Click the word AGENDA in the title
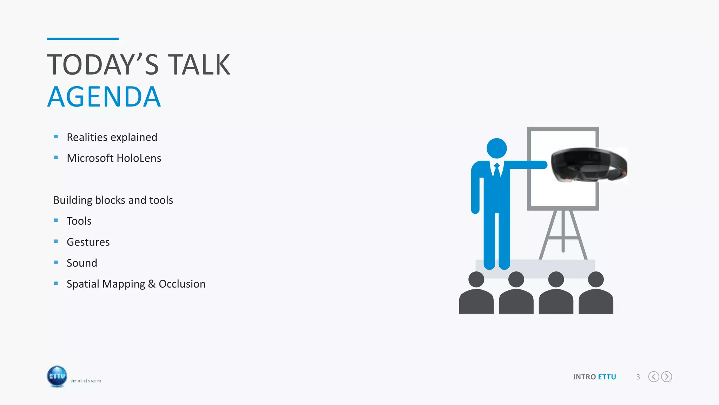tap(104, 97)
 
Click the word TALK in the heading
tap(199, 65)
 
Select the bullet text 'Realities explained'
tap(112, 137)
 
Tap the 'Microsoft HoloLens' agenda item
tap(114, 158)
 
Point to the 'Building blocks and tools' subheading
tap(113, 200)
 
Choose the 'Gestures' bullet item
tap(88, 242)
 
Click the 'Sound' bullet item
tap(82, 263)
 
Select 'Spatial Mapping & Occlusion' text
tap(136, 284)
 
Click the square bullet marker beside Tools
tap(56, 220)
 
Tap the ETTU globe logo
tap(57, 376)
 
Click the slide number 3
tap(638, 377)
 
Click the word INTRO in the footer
tap(585, 377)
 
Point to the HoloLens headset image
tap(589, 165)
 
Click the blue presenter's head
tap(496, 148)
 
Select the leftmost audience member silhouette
tap(476, 294)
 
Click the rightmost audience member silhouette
tap(596, 294)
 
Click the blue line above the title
tap(83, 39)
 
